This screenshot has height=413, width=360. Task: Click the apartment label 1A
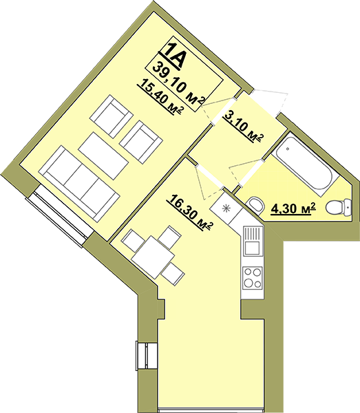pyautogui.click(x=175, y=56)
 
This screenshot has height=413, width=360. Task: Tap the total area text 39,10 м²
pyautogui.click(x=180, y=84)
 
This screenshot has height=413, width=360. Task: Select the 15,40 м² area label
pyautogui.click(x=160, y=98)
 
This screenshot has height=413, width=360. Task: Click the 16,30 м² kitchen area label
pyautogui.click(x=189, y=213)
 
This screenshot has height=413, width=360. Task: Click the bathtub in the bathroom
pyautogui.click(x=305, y=164)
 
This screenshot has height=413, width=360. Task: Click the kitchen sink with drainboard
pyautogui.click(x=253, y=241)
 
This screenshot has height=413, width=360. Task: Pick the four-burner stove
pyautogui.click(x=253, y=277)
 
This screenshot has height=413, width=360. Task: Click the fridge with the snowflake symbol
pyautogui.click(x=226, y=208)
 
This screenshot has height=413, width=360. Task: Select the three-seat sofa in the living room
pyautogui.click(x=78, y=183)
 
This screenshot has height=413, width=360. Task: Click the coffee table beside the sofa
pyautogui.click(x=103, y=156)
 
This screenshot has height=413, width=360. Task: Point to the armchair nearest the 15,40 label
pyautogui.click(x=111, y=116)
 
